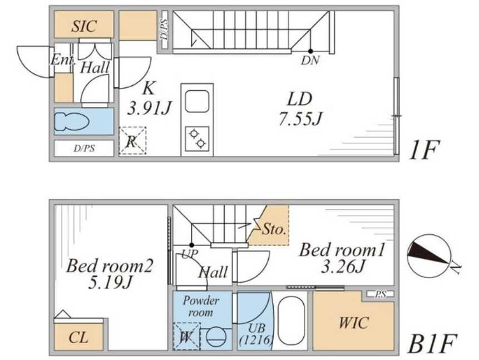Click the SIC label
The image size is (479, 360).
click(85, 26)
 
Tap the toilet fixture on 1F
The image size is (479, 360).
click(72, 122)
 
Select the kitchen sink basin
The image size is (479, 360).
click(197, 101)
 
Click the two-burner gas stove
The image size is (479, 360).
click(197, 139)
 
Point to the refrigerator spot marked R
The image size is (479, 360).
click(132, 141)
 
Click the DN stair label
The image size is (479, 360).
click(310, 61)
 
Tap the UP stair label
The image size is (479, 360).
click(190, 254)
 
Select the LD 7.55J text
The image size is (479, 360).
click(300, 109)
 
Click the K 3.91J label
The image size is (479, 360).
click(150, 98)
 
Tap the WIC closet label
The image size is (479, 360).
click(354, 323)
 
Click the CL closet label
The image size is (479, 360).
click(78, 337)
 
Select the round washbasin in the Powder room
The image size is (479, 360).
click(216, 338)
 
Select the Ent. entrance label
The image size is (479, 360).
click(62, 60)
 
